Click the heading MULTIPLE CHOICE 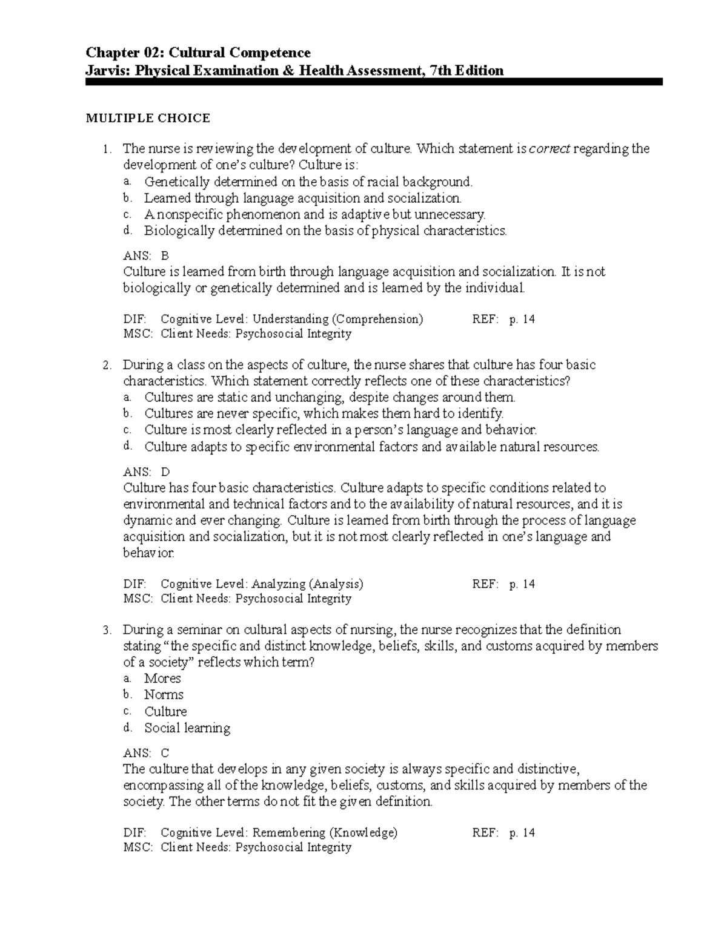tap(148, 118)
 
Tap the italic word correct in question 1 tap(549, 149)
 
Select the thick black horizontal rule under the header tap(374, 82)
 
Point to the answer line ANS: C tap(146, 753)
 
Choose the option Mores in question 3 tap(162, 679)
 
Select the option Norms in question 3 tap(164, 695)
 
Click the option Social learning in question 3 tap(187, 728)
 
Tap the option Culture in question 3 tap(165, 712)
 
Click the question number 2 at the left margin tap(107, 366)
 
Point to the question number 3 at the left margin tap(107, 630)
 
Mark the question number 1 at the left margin tap(107, 149)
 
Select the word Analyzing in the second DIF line tap(279, 584)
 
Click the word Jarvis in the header tap(108, 71)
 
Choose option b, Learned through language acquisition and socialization tap(302, 198)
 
